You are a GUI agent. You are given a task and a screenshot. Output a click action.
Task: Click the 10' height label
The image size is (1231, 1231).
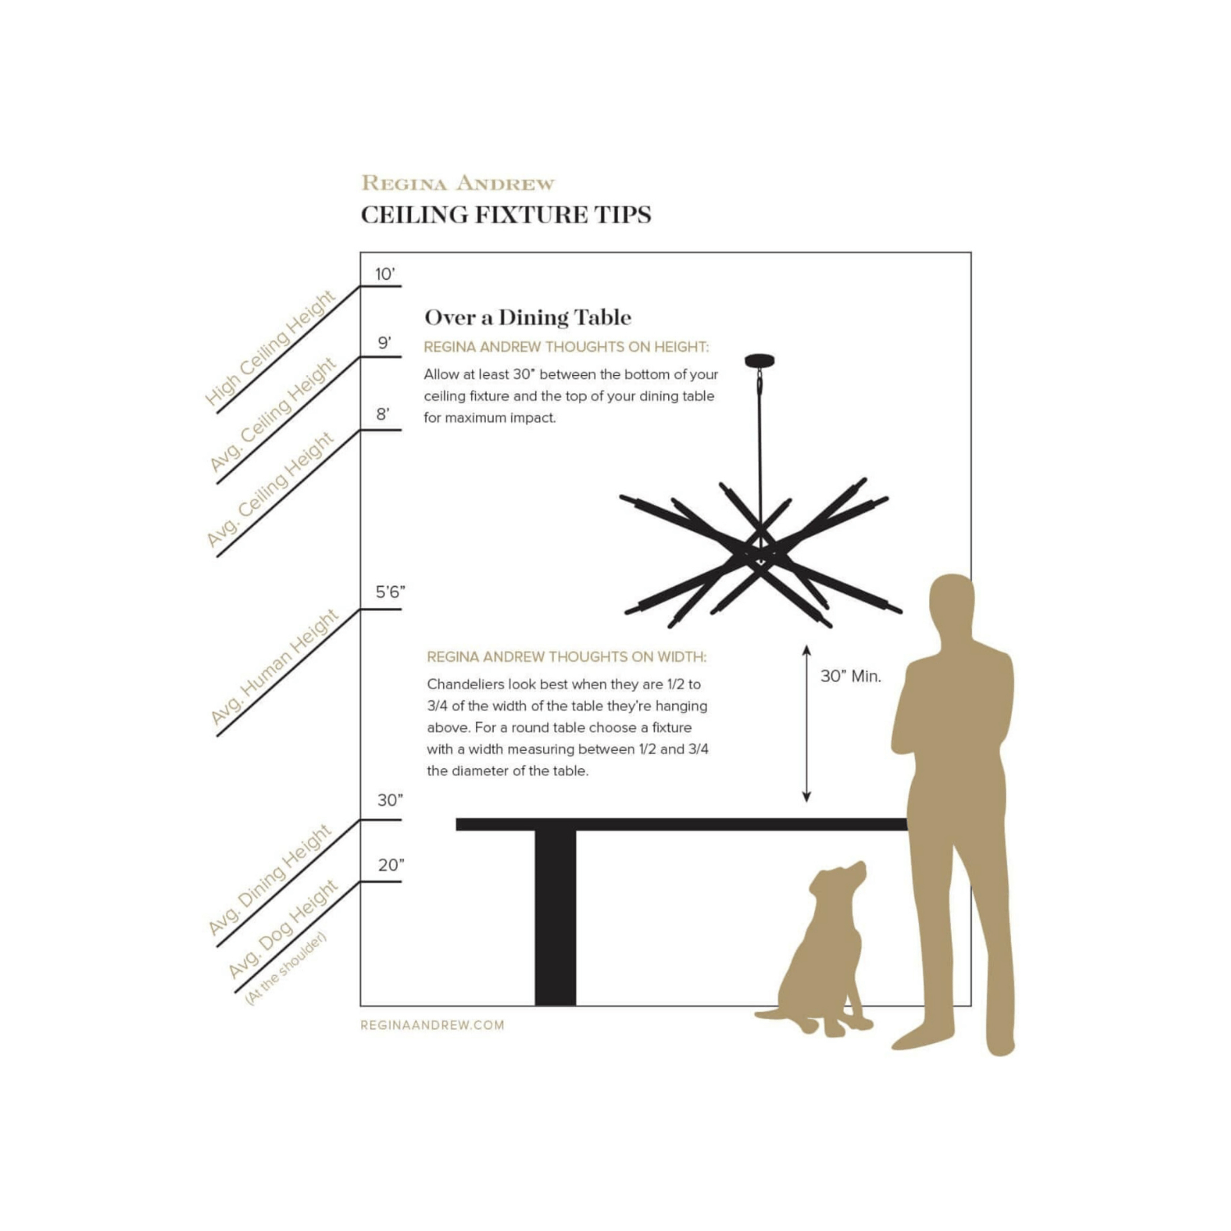click(x=385, y=274)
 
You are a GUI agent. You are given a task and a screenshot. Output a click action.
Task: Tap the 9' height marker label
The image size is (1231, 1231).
click(x=384, y=343)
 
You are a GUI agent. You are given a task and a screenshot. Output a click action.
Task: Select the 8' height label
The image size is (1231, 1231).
click(x=383, y=414)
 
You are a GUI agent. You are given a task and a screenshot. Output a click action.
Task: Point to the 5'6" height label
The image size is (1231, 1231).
click(x=391, y=592)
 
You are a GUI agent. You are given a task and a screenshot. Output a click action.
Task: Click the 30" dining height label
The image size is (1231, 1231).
click(x=391, y=800)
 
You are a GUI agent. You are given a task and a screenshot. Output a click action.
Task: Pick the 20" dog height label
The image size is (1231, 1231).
click(x=391, y=865)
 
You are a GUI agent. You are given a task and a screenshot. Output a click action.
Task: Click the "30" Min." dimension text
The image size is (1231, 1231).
click(x=851, y=676)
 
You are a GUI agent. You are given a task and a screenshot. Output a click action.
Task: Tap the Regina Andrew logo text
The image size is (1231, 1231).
click(x=458, y=183)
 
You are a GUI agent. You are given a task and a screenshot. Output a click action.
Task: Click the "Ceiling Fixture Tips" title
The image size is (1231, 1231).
click(x=506, y=215)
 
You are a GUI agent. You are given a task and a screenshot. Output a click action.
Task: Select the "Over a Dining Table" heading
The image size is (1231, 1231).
click(x=528, y=318)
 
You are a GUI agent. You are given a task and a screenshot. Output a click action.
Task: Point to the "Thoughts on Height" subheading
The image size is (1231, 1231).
click(x=566, y=347)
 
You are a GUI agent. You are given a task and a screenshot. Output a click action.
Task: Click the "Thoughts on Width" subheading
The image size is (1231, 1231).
click(x=566, y=657)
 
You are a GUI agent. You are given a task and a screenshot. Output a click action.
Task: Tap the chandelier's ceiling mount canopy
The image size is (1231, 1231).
click(x=760, y=360)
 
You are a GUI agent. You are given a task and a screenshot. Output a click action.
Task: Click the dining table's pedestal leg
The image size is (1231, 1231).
click(x=556, y=918)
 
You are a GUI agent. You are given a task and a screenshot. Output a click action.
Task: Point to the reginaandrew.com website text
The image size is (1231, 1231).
click(x=432, y=1025)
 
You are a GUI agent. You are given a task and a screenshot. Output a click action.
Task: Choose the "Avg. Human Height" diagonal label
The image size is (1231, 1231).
click(x=273, y=667)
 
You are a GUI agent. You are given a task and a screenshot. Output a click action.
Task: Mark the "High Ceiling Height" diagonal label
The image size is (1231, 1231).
click(x=270, y=349)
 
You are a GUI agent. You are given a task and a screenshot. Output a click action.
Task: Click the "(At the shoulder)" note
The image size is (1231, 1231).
click(x=286, y=968)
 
